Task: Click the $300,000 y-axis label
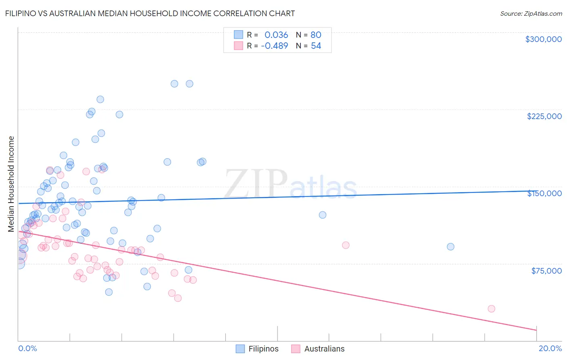[543, 39]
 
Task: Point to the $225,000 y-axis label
[544, 116]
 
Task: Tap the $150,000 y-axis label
[544, 193]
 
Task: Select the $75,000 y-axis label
[546, 271]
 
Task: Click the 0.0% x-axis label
[27, 349]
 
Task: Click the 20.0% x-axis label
[550, 349]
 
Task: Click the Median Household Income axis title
[11, 184]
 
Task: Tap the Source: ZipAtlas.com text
[531, 13]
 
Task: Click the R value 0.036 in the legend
[276, 35]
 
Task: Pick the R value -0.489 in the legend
[274, 46]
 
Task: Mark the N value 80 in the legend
[316, 35]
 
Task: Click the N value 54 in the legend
[316, 46]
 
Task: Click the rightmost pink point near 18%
[491, 309]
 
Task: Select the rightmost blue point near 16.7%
[450, 247]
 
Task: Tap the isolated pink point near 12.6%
[346, 245]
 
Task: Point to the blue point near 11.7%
[322, 215]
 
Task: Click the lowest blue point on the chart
[109, 292]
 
